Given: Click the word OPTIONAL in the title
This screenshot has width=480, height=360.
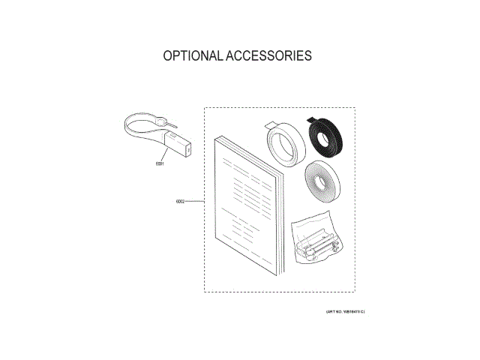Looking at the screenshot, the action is tap(192, 56).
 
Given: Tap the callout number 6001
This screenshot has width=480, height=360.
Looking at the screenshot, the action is tap(160, 163).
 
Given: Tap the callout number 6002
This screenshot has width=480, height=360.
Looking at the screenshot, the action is tap(180, 202).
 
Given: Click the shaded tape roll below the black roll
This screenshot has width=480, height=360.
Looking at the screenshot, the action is tap(319, 182).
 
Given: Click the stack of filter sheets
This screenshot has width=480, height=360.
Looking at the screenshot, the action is tap(245, 203).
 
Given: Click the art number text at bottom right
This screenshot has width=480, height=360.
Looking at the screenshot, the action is tap(346, 310).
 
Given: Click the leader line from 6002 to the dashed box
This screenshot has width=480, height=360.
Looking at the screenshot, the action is tap(194, 202).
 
